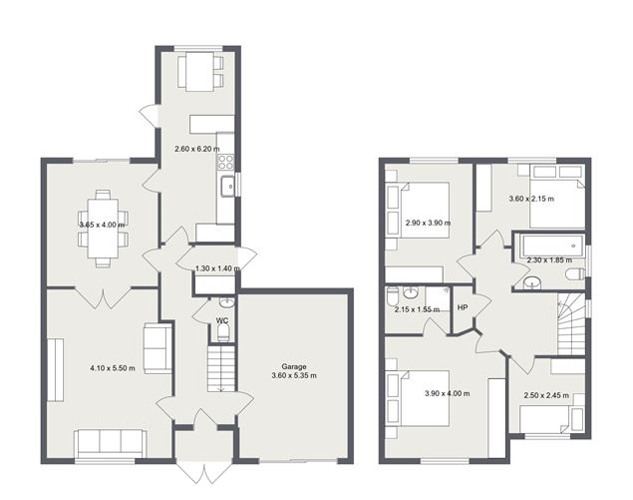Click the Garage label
tap(295, 367)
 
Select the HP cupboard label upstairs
tap(462, 307)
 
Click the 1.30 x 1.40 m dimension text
tap(217, 268)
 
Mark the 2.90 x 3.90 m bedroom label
tap(428, 223)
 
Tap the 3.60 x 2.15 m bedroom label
tap(532, 199)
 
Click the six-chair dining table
tap(104, 227)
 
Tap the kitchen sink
tap(228, 185)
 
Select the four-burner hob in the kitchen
tap(226, 160)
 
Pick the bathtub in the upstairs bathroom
tap(549, 243)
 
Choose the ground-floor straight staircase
tap(219, 369)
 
